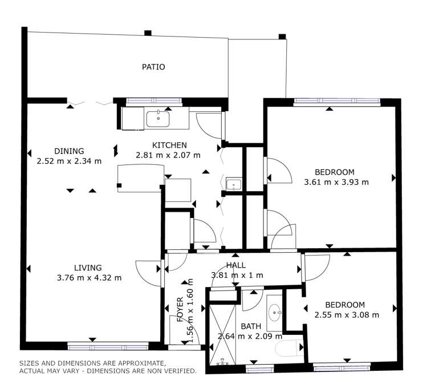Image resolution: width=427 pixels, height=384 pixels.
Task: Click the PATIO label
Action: pos(153,67)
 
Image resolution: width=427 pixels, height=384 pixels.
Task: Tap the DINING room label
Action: pos(69,151)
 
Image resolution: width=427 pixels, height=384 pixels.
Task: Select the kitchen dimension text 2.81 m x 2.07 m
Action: pos(168,155)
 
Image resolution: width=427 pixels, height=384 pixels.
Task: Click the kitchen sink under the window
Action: pos(157,119)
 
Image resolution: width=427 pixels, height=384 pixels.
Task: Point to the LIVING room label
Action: pos(88,268)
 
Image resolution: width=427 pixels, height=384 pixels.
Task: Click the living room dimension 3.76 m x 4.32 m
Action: pos(90,278)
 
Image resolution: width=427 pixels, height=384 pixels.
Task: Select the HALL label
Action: pos(236,265)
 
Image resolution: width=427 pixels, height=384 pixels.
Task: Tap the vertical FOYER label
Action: pos(180,309)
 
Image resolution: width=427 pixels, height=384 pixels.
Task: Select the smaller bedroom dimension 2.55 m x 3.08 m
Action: pos(347,314)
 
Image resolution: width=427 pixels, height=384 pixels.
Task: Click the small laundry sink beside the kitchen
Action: pos(234,184)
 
